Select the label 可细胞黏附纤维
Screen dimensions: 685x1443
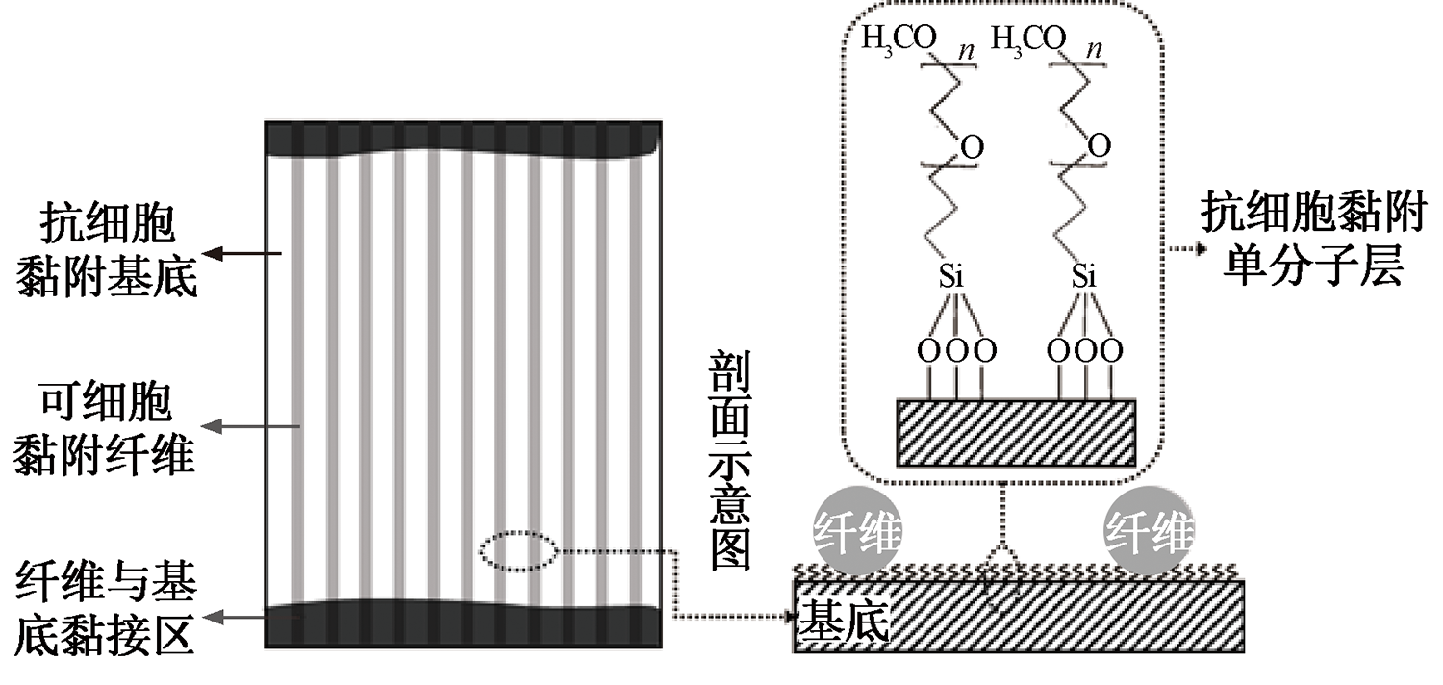tap(106, 428)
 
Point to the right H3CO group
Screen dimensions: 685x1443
tap(1028, 38)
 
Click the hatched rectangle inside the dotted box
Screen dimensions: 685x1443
tap(1016, 433)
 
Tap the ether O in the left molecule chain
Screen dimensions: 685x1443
tap(973, 148)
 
